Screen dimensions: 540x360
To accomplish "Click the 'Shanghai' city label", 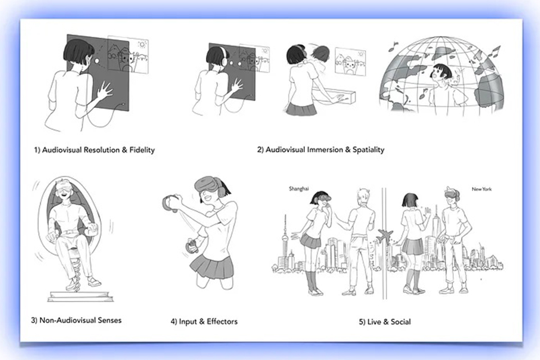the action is click(x=299, y=189).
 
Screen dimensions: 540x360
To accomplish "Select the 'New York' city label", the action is click(x=481, y=189).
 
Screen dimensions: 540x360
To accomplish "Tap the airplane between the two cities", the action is click(x=385, y=236).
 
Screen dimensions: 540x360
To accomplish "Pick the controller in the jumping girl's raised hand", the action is click(x=168, y=203).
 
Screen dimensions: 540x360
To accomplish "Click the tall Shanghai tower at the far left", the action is click(x=285, y=241).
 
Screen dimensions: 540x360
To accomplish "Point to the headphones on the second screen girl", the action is click(x=224, y=58).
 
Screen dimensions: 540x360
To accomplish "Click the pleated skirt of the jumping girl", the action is click(x=211, y=266).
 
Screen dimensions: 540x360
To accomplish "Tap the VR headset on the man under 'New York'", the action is click(x=452, y=193).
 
